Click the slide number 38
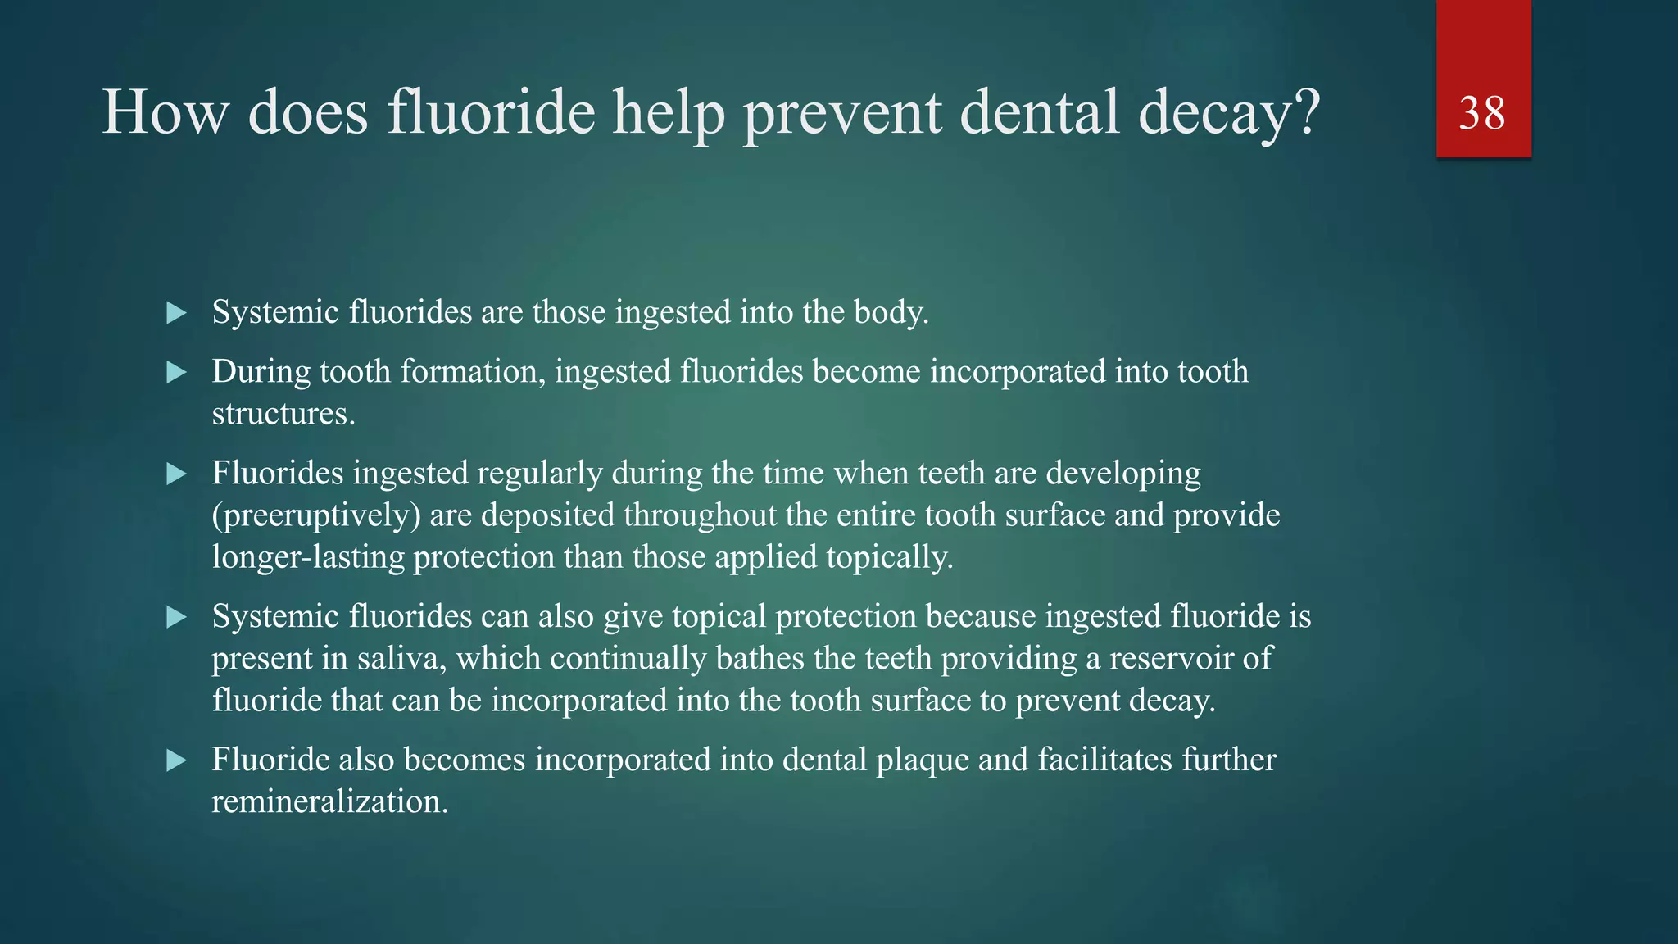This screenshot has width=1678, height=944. [x=1482, y=113]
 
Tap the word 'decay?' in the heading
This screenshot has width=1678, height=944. [x=1229, y=113]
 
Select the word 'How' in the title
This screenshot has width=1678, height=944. [x=165, y=113]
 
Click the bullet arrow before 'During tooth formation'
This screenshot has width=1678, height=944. [x=176, y=374]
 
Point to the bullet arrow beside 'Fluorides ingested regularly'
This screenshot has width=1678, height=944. [x=176, y=474]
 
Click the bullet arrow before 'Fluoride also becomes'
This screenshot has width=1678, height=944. [x=176, y=760]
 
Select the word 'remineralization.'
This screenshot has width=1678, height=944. [x=329, y=801]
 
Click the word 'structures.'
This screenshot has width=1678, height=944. [x=283, y=414]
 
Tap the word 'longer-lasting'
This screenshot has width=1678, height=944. [x=308, y=557]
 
